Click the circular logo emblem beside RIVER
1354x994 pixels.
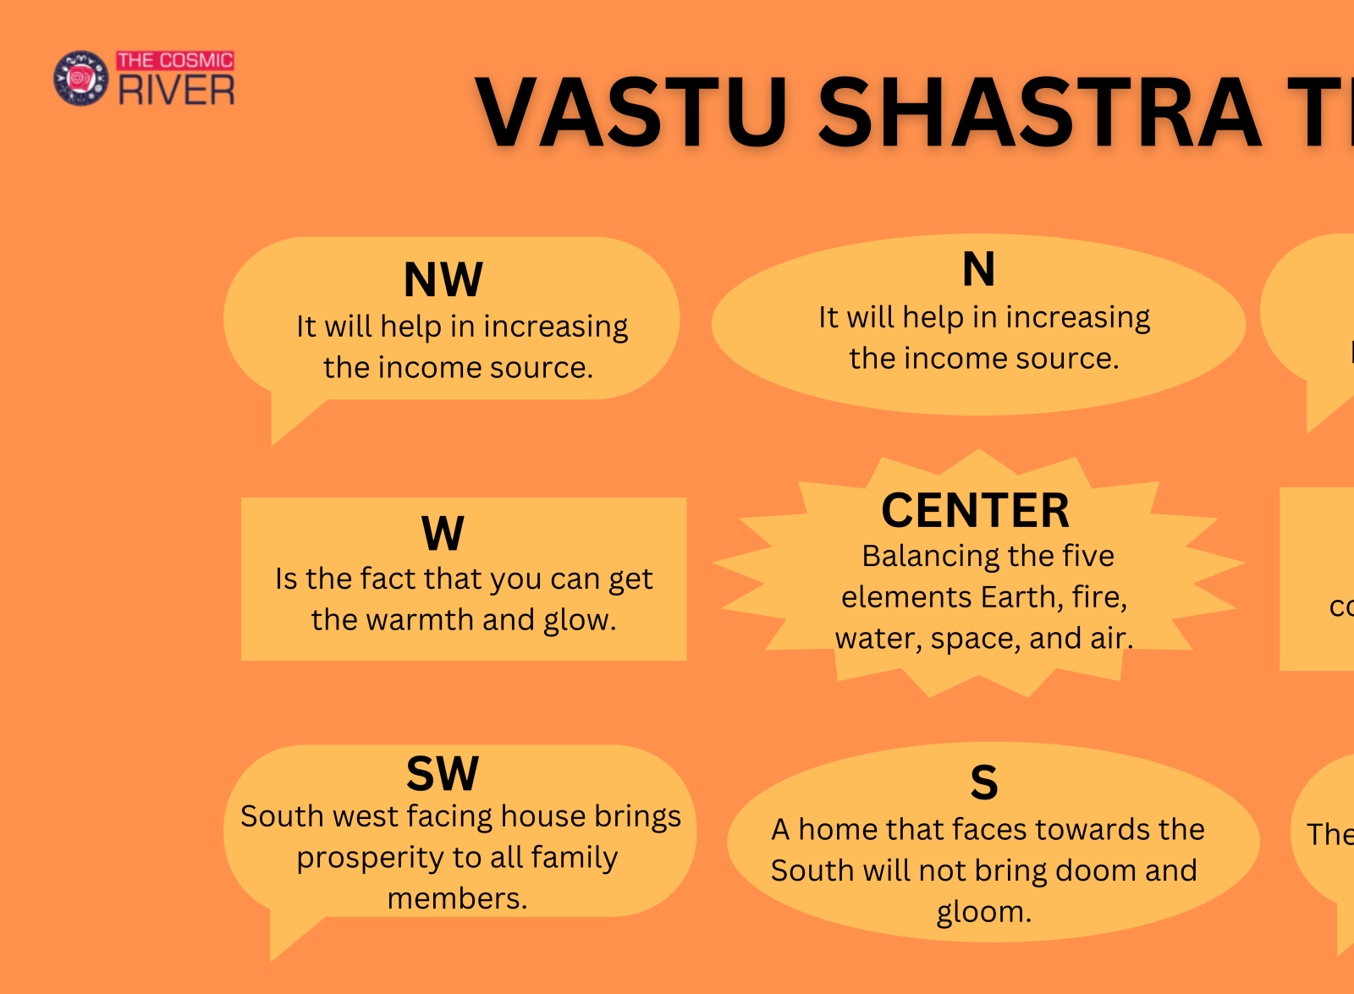80,78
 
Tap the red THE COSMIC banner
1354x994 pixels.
175,60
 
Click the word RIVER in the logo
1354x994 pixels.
177,91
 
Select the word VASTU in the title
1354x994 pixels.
631,113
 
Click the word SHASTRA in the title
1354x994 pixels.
1039,113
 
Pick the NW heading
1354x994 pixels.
443,280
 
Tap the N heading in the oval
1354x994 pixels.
978,270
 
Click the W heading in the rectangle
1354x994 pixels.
443,534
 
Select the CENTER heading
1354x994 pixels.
975,511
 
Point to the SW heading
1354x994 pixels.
443,773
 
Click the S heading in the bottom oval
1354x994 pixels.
983,783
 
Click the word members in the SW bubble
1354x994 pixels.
457,898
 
